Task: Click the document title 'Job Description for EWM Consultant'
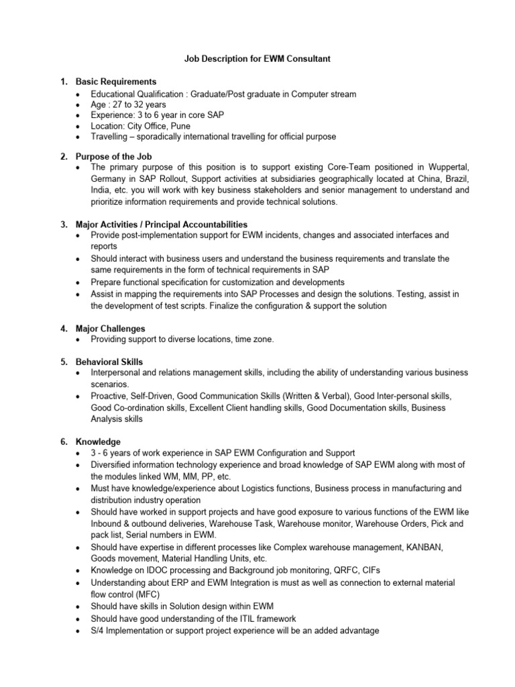[x=257, y=60]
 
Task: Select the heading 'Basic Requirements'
[x=115, y=82]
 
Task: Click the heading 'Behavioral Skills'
[x=109, y=362]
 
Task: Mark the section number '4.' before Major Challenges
[x=64, y=329]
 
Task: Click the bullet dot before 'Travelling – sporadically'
[x=81, y=137]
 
